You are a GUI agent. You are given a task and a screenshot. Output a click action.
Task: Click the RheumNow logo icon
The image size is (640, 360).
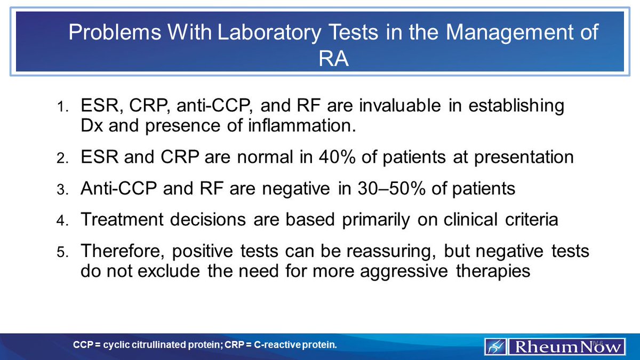click(x=495, y=346)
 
